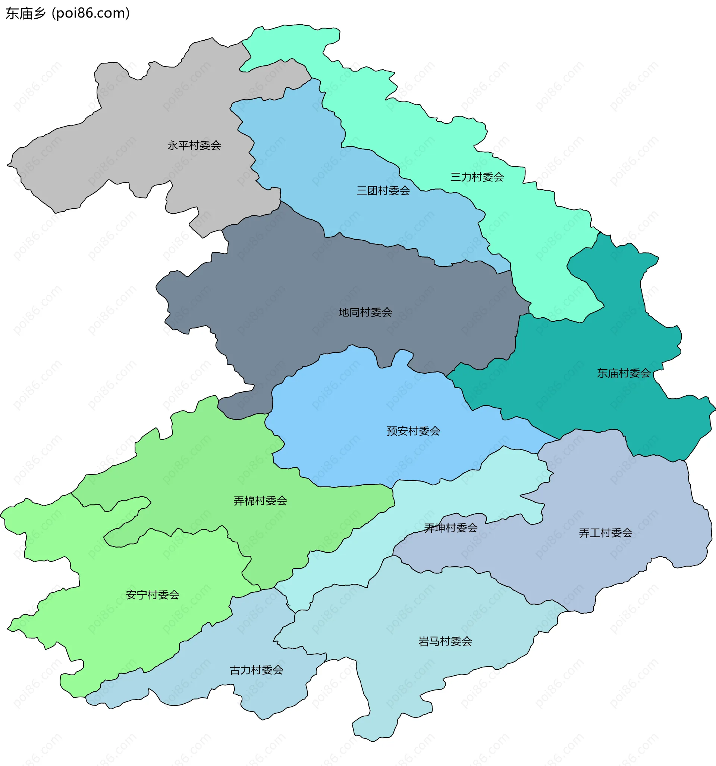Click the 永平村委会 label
(x=194, y=146)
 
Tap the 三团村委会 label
(x=383, y=191)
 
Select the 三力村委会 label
(x=477, y=177)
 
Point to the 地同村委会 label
(x=365, y=312)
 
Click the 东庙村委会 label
(x=624, y=373)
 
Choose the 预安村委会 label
(x=414, y=431)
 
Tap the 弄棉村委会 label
(x=260, y=501)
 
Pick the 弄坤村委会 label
(x=451, y=528)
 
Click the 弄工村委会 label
(x=606, y=533)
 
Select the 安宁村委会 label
(x=153, y=595)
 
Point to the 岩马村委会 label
(x=445, y=641)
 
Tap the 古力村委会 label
(x=256, y=670)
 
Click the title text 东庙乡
(x=25, y=13)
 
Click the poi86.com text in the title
(x=91, y=13)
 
